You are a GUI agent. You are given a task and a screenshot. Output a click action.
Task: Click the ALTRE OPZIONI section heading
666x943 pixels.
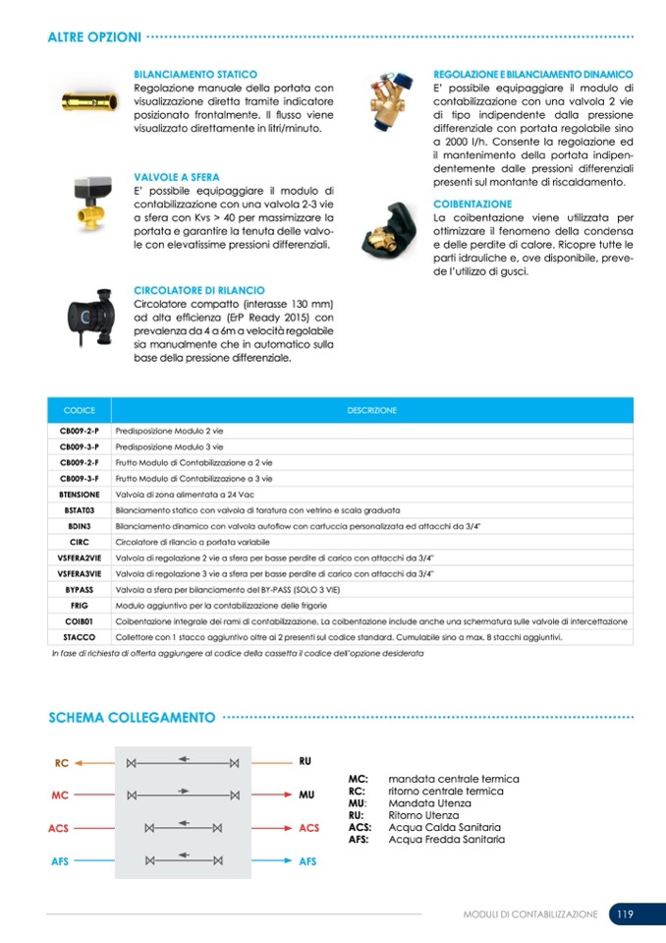tap(94, 37)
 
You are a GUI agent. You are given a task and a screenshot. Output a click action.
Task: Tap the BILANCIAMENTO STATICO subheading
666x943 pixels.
tap(195, 75)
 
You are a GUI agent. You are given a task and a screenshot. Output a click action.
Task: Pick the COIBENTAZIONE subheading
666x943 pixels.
tap(472, 204)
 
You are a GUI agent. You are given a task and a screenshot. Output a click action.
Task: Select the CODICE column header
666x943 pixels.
tap(79, 410)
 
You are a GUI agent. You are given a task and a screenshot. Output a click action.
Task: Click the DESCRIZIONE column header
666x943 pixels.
tap(371, 410)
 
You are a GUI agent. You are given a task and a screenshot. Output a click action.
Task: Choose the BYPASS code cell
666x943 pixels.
tap(80, 589)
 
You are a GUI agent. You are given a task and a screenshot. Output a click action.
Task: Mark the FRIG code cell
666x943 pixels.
tap(80, 605)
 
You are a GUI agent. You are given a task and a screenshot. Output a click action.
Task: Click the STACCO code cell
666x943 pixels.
tap(80, 637)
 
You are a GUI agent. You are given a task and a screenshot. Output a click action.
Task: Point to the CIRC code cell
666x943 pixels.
tap(80, 542)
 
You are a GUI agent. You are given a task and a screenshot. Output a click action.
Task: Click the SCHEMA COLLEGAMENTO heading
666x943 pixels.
tap(132, 718)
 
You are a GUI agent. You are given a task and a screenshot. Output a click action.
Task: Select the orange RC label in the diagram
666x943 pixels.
tap(61, 763)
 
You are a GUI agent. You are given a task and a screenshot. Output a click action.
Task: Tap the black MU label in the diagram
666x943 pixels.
tap(306, 795)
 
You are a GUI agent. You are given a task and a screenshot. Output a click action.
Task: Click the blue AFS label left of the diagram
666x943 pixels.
tap(60, 861)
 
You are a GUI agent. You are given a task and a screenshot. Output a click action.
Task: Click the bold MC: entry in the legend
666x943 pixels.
tap(359, 779)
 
